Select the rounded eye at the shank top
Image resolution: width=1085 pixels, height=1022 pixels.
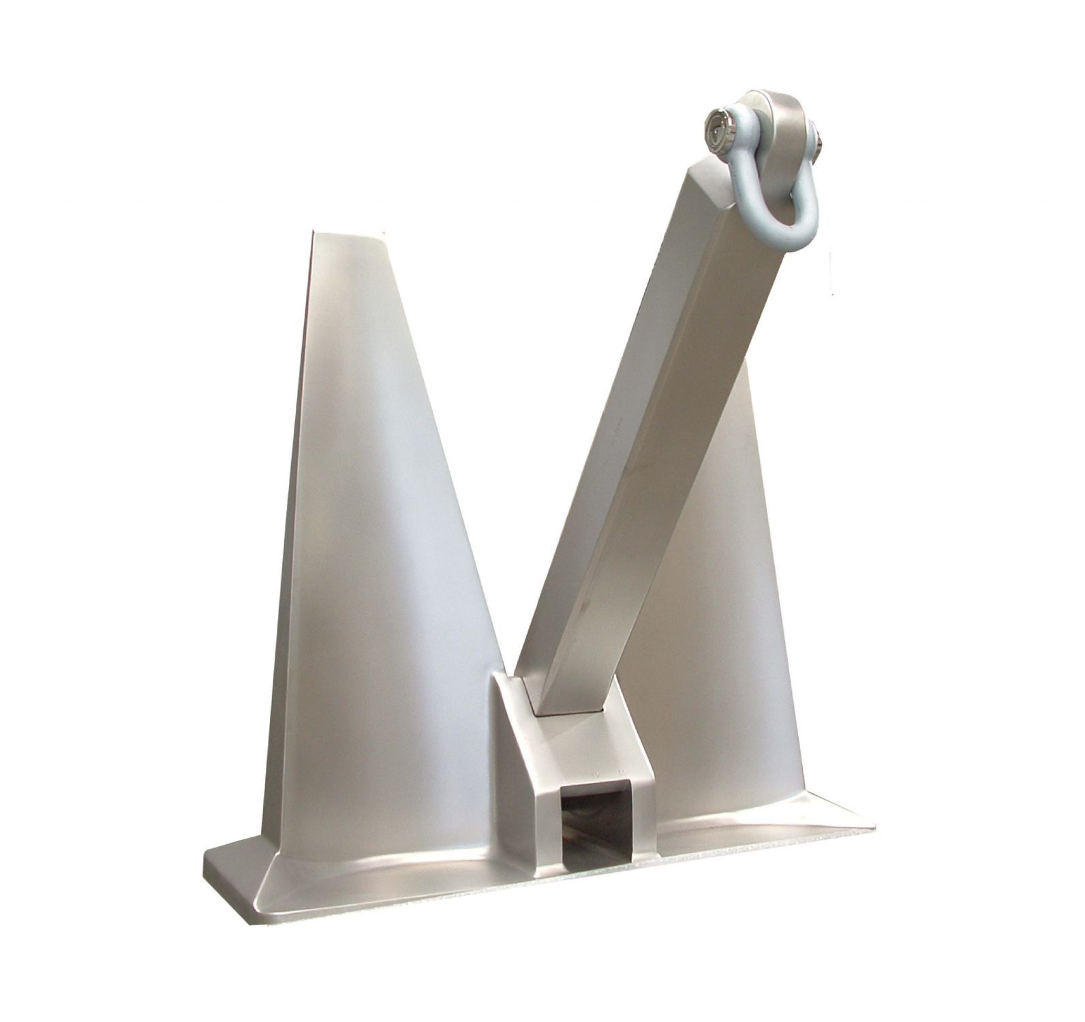coord(777,116)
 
